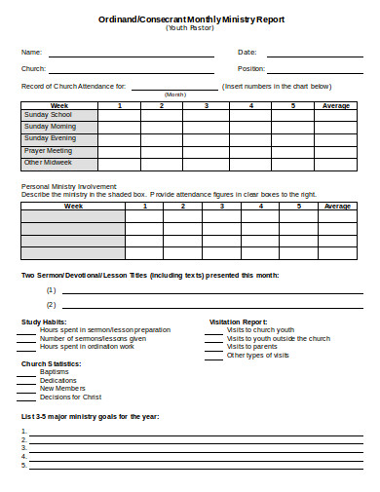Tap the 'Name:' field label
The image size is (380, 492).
tap(32, 52)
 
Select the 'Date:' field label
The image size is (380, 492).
tap(247, 52)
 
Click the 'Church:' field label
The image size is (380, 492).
tap(34, 69)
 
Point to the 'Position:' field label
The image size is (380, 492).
tap(251, 69)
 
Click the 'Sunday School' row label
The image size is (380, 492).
tap(48, 115)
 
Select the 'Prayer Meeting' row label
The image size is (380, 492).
tap(49, 151)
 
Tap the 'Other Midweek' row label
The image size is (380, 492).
tap(48, 163)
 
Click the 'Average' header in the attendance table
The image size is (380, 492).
tap(336, 104)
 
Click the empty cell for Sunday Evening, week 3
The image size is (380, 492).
tap(207, 139)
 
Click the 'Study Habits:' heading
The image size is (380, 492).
tap(45, 322)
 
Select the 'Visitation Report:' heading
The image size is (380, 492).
tap(239, 322)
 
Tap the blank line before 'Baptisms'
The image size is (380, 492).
tap(26, 372)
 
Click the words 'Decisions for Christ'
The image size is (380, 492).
tap(70, 397)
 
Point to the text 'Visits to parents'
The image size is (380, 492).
tap(251, 347)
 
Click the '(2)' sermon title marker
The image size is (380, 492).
tap(51, 305)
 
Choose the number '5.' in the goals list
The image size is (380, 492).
tap(24, 466)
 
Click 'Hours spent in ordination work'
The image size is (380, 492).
tap(87, 347)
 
